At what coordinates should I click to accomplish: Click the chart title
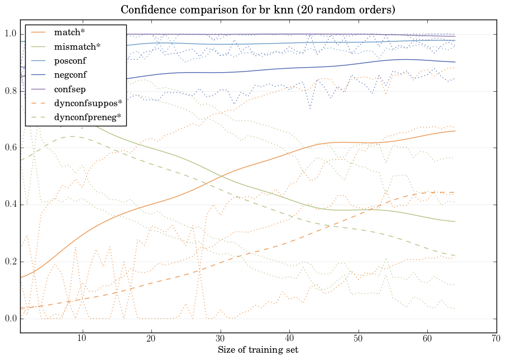[252, 10]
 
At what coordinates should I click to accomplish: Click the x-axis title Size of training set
[257, 350]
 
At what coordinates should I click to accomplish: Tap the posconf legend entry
[70, 61]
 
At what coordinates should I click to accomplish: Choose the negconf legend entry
[70, 75]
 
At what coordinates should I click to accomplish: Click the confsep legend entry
[69, 89]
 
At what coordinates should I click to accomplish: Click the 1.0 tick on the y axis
[10, 34]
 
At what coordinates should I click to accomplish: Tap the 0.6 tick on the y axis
[10, 148]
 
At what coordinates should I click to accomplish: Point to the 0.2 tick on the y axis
[10, 262]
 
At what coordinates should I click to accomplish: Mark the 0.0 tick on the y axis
[10, 319]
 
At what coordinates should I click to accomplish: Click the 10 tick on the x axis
[83, 338]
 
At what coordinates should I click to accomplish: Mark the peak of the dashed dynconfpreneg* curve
[73, 136]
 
